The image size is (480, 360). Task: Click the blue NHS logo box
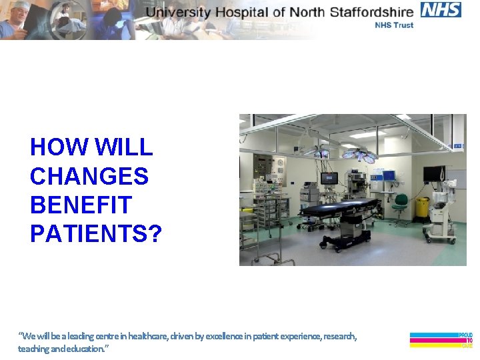[x=441, y=9]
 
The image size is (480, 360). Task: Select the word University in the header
[x=178, y=11]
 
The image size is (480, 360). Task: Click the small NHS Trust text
[x=394, y=25]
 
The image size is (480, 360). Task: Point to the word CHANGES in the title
[x=89, y=177]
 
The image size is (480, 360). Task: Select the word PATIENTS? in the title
[x=96, y=234]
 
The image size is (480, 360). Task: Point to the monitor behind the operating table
[x=329, y=178]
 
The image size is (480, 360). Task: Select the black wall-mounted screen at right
[x=434, y=173]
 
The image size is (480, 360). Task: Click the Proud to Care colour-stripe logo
[x=441, y=340]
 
